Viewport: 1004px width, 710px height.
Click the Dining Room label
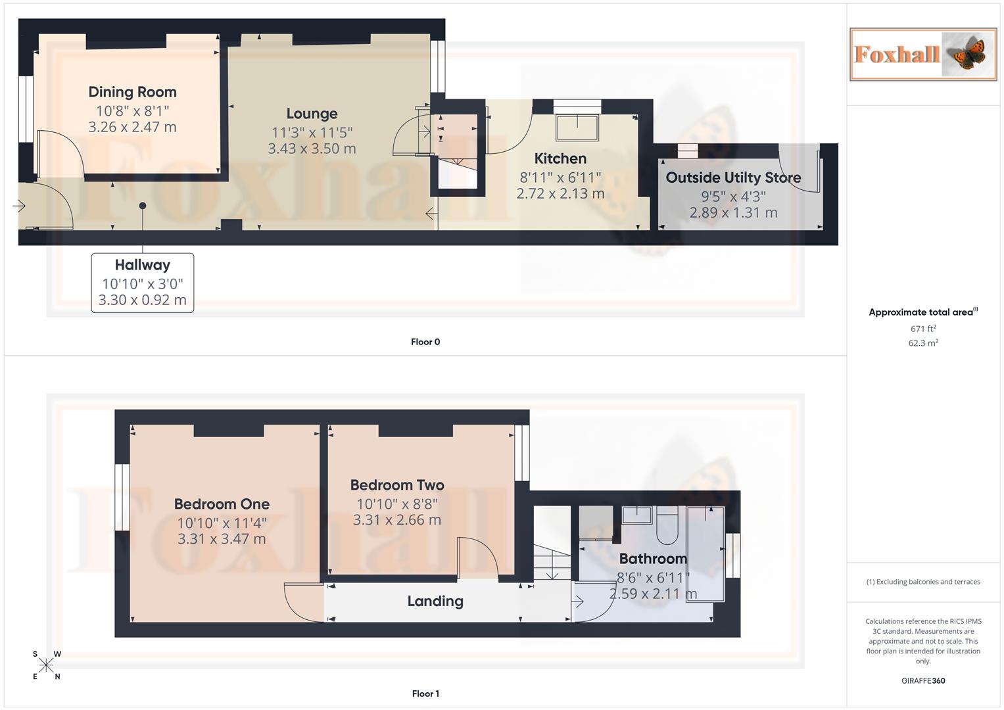click(x=132, y=92)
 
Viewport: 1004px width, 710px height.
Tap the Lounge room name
click(x=312, y=114)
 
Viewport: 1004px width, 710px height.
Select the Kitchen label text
click(x=560, y=158)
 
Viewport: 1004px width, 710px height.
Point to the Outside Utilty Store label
click(x=733, y=177)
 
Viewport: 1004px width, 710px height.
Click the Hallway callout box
click(x=143, y=283)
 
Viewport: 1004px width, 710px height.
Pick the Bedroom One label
click(x=222, y=504)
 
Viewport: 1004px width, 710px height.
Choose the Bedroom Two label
click(x=397, y=485)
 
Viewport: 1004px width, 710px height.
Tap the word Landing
click(x=435, y=601)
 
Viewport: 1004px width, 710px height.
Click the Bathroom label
click(x=653, y=559)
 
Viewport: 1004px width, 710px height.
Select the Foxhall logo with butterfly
click(x=923, y=54)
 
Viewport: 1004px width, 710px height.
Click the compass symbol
click(x=46, y=665)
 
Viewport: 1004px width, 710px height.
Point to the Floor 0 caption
click(x=425, y=342)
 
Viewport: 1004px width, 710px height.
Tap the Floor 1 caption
click(x=425, y=694)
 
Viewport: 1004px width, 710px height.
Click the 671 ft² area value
click(x=923, y=329)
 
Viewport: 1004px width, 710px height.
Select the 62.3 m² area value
click(x=923, y=343)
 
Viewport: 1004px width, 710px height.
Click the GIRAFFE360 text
click(x=923, y=680)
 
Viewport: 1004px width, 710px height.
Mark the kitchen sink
click(x=577, y=128)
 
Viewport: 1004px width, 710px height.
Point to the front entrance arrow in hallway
click(x=18, y=206)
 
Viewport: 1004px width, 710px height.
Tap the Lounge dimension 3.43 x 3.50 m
click(x=312, y=149)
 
